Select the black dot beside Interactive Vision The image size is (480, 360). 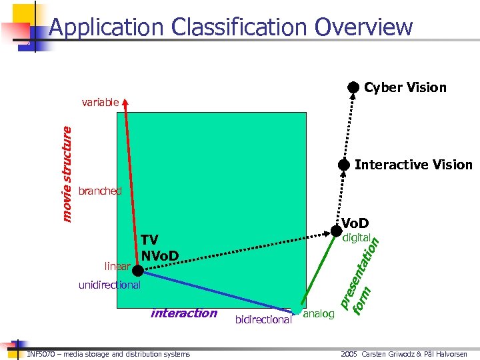343,165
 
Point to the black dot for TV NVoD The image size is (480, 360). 137,270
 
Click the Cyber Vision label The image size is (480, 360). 405,87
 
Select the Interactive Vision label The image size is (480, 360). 413,165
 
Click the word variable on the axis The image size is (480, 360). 100,102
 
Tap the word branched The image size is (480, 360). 100,191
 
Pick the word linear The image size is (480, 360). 117,267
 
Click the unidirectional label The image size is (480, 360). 109,285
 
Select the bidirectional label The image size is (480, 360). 263,320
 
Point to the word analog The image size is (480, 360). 319,314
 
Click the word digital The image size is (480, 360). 356,238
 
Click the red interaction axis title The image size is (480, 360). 184,313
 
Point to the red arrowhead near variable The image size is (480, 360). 127,101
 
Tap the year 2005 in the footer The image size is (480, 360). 349,354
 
